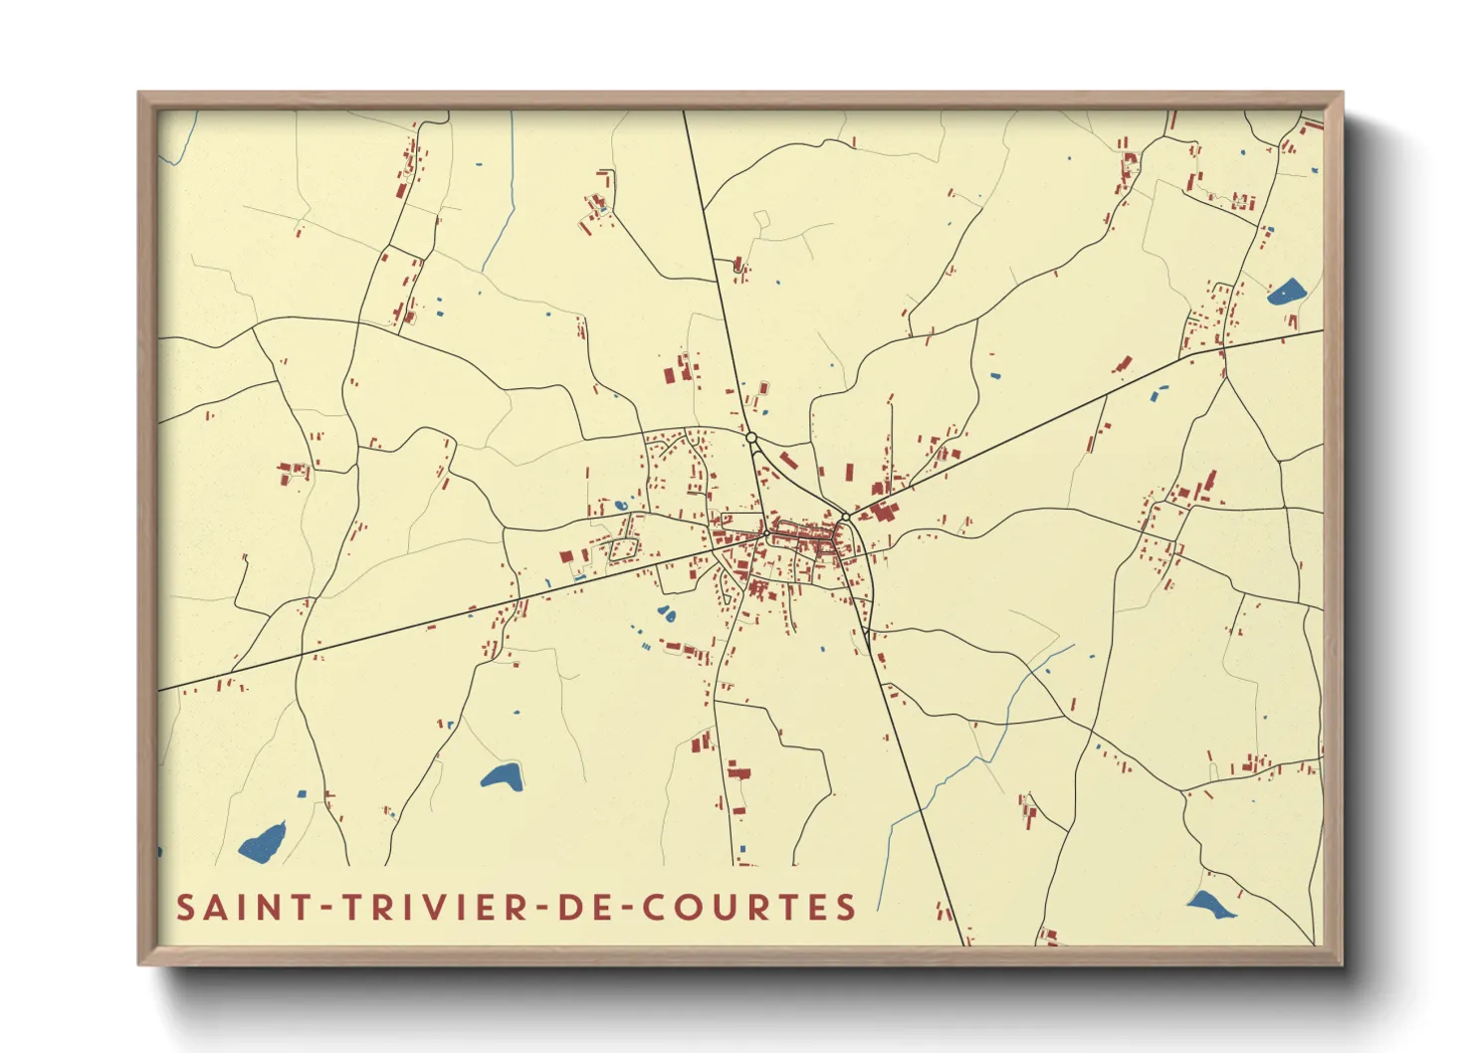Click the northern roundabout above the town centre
(x=751, y=437)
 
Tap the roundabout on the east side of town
(x=844, y=517)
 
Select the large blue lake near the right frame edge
(x=1286, y=292)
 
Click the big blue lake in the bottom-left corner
(x=263, y=844)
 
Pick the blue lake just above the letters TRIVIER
(x=502, y=776)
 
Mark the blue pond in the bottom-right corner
(x=1209, y=905)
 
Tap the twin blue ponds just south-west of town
(x=666, y=614)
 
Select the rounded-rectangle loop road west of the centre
(x=624, y=548)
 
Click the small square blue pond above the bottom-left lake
(x=302, y=793)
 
